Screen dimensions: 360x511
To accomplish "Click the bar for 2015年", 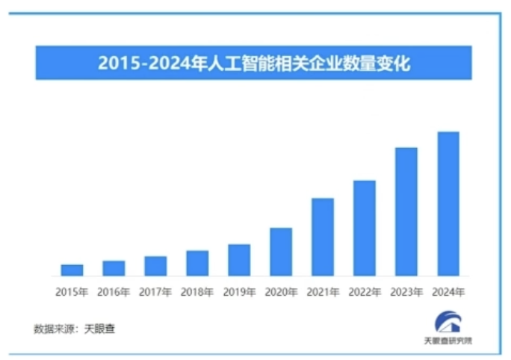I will [x=72, y=270].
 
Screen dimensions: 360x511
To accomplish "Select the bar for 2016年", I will [x=114, y=268].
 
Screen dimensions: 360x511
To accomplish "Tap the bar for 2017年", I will [x=155, y=266].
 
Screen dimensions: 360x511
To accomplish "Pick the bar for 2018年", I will [x=197, y=263].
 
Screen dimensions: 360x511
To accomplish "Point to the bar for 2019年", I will [x=239, y=260].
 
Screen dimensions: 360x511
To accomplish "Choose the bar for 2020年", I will [x=281, y=252].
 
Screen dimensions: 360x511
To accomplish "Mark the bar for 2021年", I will [x=323, y=237].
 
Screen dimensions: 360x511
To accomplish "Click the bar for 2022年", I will [x=365, y=228].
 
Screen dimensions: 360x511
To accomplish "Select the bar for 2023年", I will [x=406, y=211].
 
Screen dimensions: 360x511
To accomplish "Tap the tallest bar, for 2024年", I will [x=448, y=204].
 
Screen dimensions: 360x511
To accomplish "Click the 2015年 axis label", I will [x=72, y=291].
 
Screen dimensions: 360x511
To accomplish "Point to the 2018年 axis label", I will [x=197, y=291].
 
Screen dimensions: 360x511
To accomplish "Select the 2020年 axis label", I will [x=281, y=291].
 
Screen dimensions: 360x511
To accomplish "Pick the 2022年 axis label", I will [x=365, y=291].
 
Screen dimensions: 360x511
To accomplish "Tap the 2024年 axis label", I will [x=448, y=291].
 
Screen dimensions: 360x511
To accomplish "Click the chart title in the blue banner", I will [x=254, y=63].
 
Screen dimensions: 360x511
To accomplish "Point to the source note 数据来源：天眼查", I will [x=74, y=328].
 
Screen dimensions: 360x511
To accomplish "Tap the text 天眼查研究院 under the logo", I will [x=448, y=341].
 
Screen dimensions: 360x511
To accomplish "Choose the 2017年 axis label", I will [x=155, y=291].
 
